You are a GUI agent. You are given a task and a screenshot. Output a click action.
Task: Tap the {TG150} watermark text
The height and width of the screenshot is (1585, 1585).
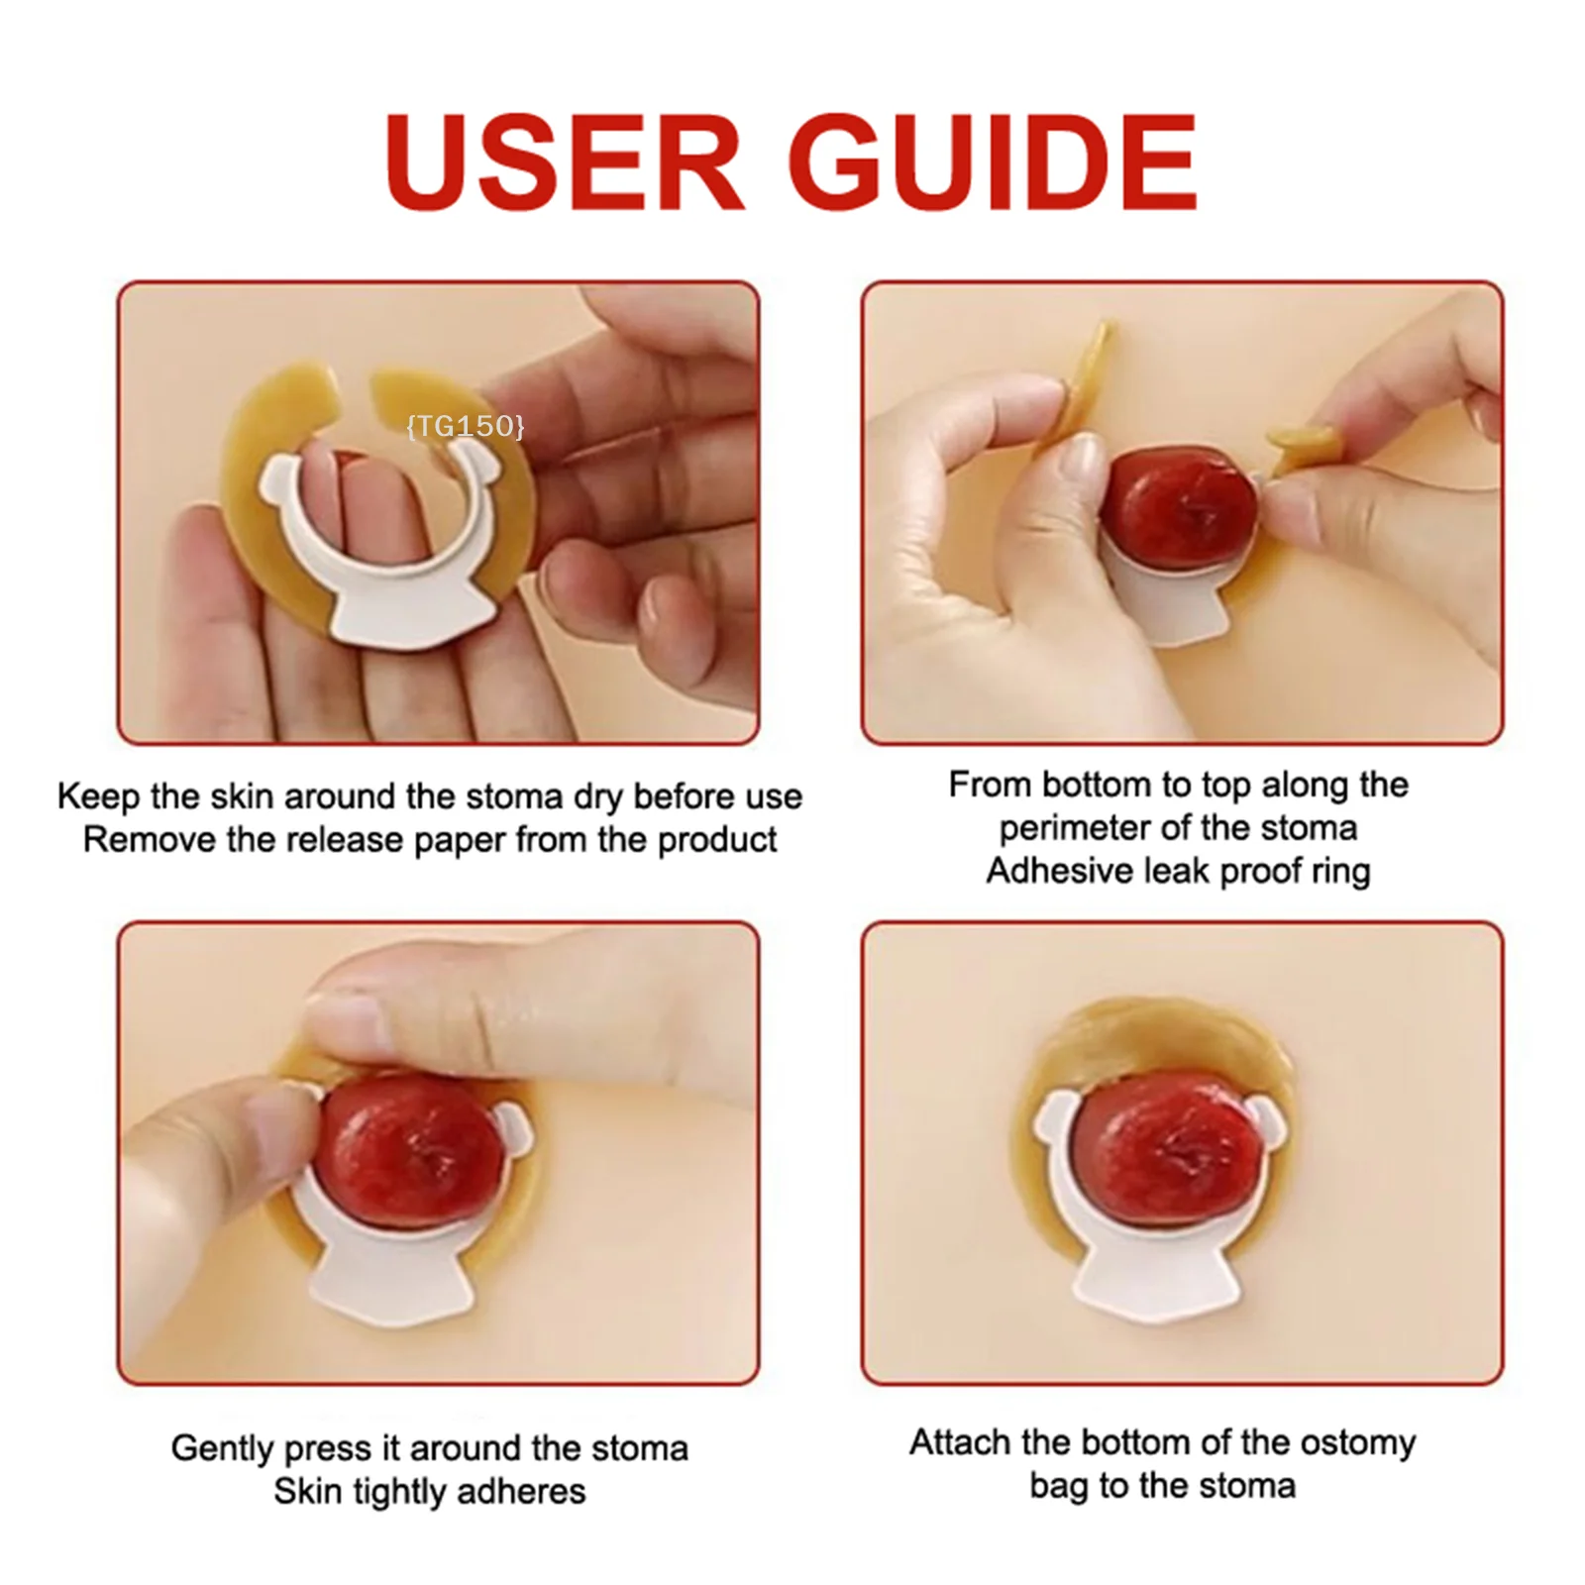click(x=465, y=426)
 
